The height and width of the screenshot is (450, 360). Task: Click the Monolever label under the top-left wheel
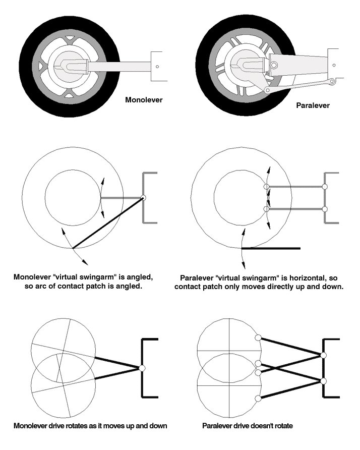click(x=144, y=100)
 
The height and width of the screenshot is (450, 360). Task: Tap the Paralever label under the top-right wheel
click(x=313, y=105)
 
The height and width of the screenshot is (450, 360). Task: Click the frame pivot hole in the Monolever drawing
click(x=157, y=67)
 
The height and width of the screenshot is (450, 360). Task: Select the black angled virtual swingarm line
click(x=108, y=222)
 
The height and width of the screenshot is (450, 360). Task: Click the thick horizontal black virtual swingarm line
click(x=271, y=248)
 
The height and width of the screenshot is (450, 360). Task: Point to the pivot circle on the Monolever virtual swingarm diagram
click(x=143, y=197)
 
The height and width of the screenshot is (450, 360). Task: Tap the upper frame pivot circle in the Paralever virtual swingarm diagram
click(x=324, y=187)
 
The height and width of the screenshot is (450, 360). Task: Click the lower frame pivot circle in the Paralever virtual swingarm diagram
click(x=324, y=209)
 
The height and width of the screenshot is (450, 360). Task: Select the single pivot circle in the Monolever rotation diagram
click(x=142, y=368)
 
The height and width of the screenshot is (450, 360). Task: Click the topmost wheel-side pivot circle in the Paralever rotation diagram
click(x=258, y=338)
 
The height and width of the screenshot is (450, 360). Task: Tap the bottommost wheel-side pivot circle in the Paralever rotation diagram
click(x=258, y=399)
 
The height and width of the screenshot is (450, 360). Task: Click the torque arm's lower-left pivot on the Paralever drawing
click(x=267, y=91)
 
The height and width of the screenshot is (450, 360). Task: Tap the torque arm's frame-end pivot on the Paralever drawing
click(x=332, y=82)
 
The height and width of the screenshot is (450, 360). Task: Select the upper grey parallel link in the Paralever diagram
click(x=295, y=187)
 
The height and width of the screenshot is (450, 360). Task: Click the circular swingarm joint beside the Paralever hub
click(x=274, y=66)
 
